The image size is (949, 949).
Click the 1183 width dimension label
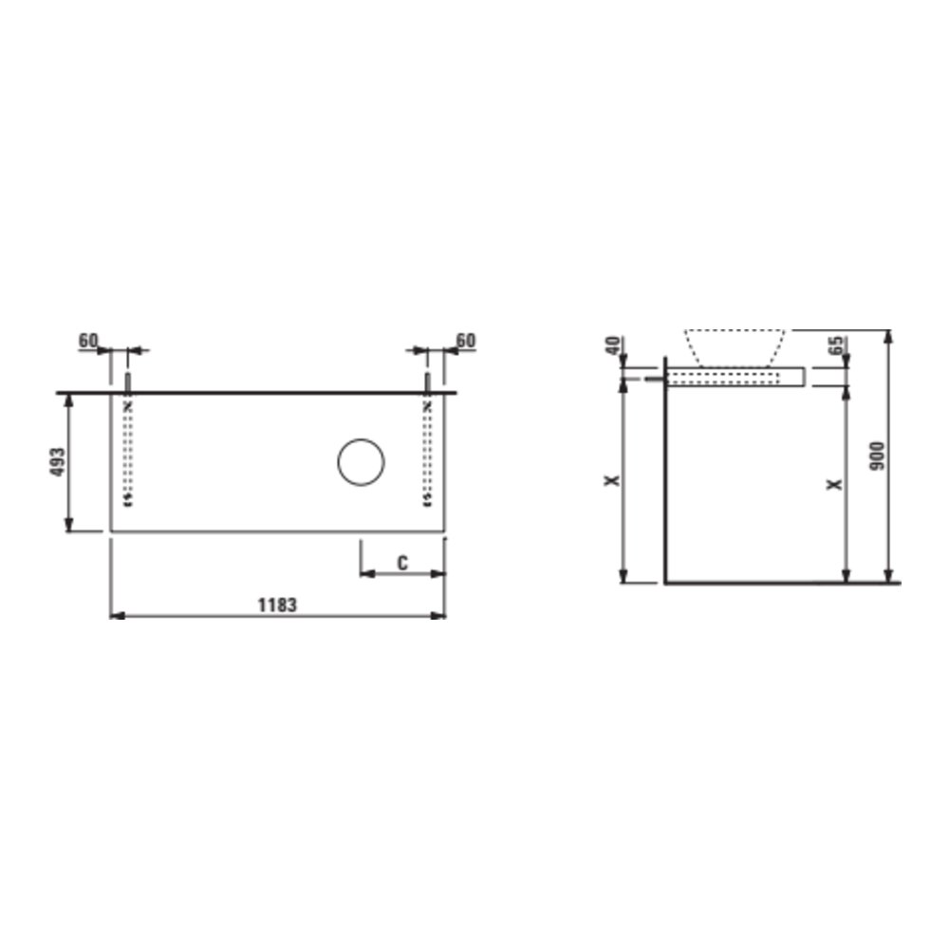277,605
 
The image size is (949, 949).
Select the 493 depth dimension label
58,462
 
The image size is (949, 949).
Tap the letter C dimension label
402,563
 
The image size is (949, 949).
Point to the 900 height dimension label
877,456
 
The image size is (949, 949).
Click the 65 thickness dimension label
836,345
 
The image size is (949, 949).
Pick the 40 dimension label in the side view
613,346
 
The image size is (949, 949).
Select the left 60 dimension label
88,341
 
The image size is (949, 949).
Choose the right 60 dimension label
465,341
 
